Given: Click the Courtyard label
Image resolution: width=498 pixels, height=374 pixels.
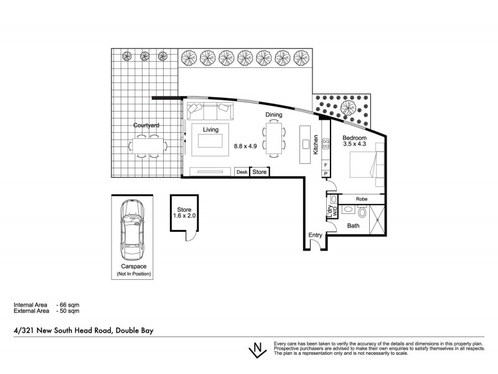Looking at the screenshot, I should [x=147, y=125].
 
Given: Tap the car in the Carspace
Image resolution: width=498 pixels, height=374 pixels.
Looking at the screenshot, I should [x=131, y=231].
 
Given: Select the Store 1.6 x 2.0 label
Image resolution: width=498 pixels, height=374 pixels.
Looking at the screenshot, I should [x=184, y=213].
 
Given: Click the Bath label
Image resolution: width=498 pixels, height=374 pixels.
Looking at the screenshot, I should [x=354, y=226].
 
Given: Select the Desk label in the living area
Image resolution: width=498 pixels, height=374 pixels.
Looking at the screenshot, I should [x=242, y=171].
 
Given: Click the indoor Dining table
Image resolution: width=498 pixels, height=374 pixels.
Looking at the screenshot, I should [x=274, y=138].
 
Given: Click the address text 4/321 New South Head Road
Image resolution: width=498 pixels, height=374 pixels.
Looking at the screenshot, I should [x=83, y=331].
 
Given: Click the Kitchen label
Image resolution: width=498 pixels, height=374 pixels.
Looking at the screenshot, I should [x=316, y=145].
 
